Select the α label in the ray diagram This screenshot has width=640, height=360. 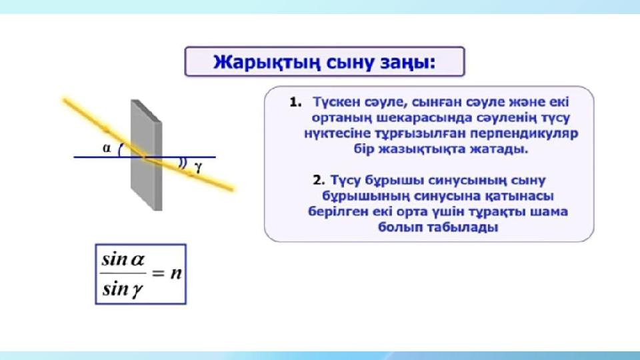107,148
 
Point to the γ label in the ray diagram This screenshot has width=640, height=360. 199,167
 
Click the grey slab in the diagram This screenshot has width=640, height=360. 147,155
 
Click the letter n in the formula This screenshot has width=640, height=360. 175,273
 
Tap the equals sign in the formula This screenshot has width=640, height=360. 158,273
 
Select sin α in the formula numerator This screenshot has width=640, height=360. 123,259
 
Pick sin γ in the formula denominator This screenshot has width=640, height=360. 123,289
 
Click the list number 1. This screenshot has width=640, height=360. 295,103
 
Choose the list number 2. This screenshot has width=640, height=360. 319,181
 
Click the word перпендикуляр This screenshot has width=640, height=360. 524,134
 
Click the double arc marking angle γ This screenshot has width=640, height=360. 183,163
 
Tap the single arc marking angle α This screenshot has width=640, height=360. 119,150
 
